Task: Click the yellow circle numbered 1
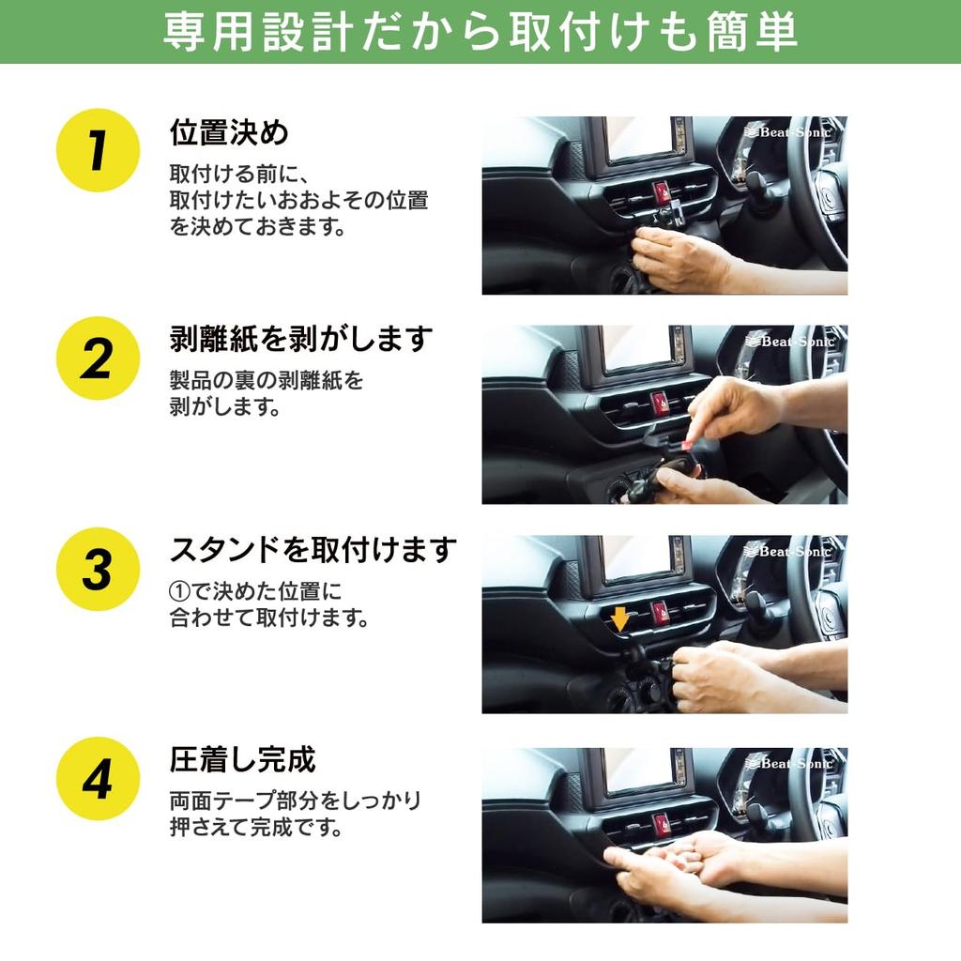pyautogui.click(x=98, y=150)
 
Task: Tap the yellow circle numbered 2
pyautogui.click(x=98, y=358)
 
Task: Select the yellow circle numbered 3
pyautogui.click(x=98, y=569)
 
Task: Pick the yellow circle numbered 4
pyautogui.click(x=98, y=779)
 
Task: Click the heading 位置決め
pyautogui.click(x=229, y=132)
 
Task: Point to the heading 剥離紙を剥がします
pyautogui.click(x=301, y=339)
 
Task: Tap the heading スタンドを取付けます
pyautogui.click(x=313, y=549)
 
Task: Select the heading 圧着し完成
pyautogui.click(x=243, y=760)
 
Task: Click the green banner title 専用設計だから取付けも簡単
pyautogui.click(x=480, y=32)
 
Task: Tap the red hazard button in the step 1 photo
pyautogui.click(x=662, y=192)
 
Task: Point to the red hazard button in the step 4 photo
pyautogui.click(x=661, y=823)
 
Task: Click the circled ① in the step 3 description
pyautogui.click(x=179, y=591)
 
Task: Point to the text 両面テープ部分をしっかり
pyautogui.click(x=296, y=801)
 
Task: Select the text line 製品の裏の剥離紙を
pyautogui.click(x=267, y=381)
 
